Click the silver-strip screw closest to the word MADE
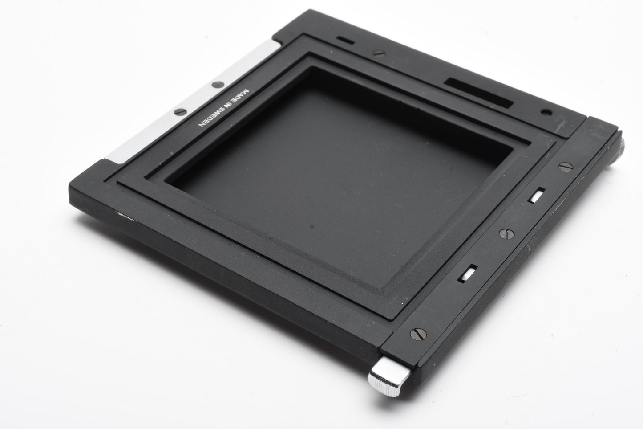(218, 85)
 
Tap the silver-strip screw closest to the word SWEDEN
(180, 112)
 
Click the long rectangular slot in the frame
(478, 93)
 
